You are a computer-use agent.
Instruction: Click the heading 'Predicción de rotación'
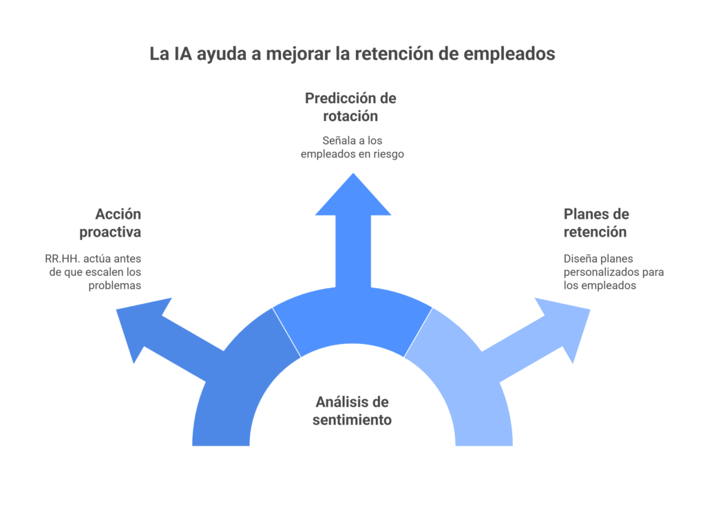coord(350,107)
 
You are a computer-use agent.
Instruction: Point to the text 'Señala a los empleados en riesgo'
coord(352,147)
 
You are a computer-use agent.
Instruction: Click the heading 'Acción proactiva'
coord(112,222)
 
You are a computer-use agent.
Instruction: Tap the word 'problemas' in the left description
coord(115,285)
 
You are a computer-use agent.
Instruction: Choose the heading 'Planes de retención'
coord(596,222)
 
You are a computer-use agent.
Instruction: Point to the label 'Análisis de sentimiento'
coord(352,411)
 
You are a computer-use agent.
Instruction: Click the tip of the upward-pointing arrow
coord(352,176)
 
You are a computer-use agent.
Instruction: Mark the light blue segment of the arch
coord(468,385)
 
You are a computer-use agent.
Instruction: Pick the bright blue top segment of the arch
coord(352,320)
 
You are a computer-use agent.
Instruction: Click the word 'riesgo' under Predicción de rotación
coord(386,154)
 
